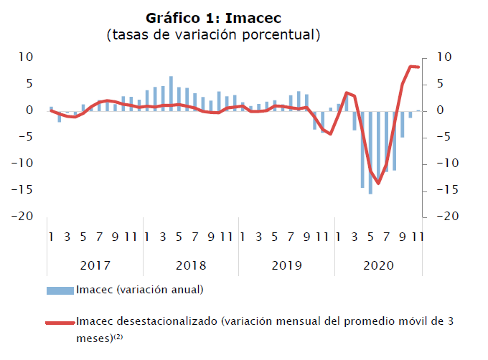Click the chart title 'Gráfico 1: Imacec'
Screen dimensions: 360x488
pos(212,17)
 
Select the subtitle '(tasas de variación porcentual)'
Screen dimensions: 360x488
pos(212,34)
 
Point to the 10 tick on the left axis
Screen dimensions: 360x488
pos(26,57)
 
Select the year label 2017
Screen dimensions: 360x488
pos(95,265)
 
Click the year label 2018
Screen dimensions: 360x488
pos(190,265)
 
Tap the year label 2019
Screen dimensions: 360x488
pos(286,265)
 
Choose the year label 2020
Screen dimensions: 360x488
pos(378,265)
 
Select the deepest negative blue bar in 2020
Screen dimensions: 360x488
pos(370,152)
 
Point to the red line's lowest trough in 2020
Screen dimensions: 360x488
pos(378,183)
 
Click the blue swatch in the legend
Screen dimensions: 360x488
pos(60,290)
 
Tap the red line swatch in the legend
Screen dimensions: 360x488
pos(60,323)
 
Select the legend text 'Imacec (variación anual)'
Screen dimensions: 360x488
pos(140,290)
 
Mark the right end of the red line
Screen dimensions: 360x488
pos(418,67)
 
